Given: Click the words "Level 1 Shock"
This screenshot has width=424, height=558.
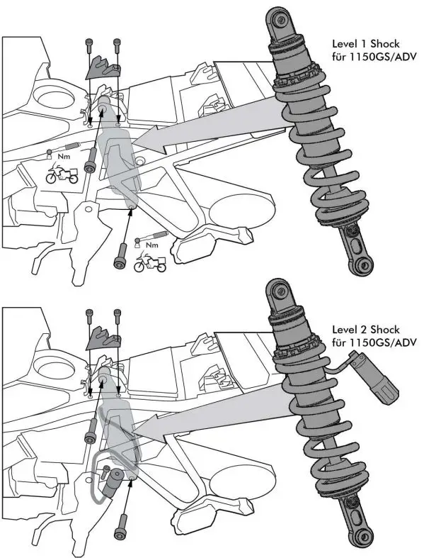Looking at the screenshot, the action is click(x=366, y=44).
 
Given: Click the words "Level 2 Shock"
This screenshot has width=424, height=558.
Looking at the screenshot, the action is click(x=366, y=330).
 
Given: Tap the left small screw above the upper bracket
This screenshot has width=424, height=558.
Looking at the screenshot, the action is click(x=89, y=47).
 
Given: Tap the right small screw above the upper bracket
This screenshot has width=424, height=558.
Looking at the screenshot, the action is click(x=117, y=45).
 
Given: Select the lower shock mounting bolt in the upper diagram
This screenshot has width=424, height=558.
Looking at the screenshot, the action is click(x=120, y=255).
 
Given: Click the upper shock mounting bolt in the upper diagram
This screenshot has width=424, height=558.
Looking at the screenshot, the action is click(x=91, y=160).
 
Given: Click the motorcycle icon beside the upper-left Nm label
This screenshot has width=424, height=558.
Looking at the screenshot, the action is click(x=62, y=173).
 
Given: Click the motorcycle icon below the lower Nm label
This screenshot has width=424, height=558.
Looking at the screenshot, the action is click(x=150, y=262).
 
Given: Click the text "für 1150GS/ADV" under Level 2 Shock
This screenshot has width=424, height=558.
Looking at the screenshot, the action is click(x=374, y=342).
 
